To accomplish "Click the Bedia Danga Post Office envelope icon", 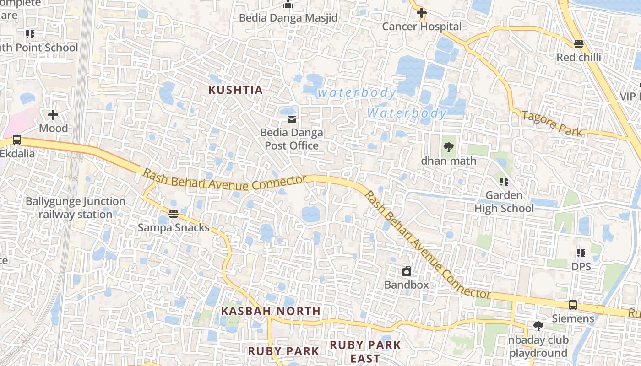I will (x=291, y=119).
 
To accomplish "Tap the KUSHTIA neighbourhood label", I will (x=236, y=90).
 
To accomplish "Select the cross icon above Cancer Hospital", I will (x=422, y=13).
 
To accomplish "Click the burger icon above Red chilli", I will (x=579, y=44).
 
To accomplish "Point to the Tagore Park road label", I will (x=552, y=124).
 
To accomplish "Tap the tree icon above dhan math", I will (x=448, y=147).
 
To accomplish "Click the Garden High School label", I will (x=504, y=202).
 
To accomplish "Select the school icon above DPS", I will (x=581, y=253).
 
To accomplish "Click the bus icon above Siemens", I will (x=573, y=305).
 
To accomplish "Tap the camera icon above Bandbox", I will (x=407, y=271).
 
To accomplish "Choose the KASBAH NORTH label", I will (x=271, y=311).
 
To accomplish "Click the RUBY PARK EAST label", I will (x=365, y=351).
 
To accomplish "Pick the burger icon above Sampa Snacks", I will (x=173, y=214).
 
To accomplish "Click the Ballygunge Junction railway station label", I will (x=75, y=208).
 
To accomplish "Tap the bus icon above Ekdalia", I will (x=17, y=140).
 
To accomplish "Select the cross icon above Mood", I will (x=53, y=114).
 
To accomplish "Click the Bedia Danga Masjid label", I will (x=288, y=18).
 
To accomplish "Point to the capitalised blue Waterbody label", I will (x=407, y=113).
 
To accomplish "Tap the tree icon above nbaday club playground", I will (x=538, y=326).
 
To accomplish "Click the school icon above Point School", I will (x=30, y=34).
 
